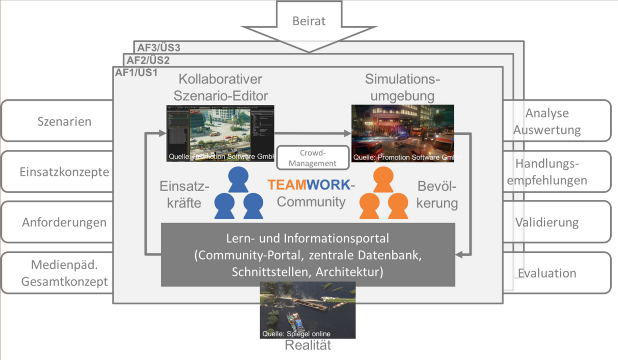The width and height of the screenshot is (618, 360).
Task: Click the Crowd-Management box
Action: pyautogui.click(x=313, y=158)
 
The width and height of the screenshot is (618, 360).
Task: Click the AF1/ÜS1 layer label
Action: pyautogui.click(x=136, y=73)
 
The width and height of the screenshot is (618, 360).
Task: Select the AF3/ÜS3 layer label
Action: pyautogui.click(x=159, y=48)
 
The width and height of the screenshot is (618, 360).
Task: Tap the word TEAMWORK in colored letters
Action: pyautogui.click(x=309, y=185)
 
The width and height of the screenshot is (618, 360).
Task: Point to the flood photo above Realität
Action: pyautogui.click(x=308, y=311)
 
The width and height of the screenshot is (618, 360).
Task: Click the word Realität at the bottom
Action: pyautogui.click(x=308, y=345)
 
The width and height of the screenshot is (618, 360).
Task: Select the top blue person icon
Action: pyautogui.click(x=238, y=180)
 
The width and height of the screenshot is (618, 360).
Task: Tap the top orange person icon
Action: pyautogui.click(x=383, y=180)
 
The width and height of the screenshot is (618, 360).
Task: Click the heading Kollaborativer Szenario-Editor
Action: pyautogui.click(x=220, y=87)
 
